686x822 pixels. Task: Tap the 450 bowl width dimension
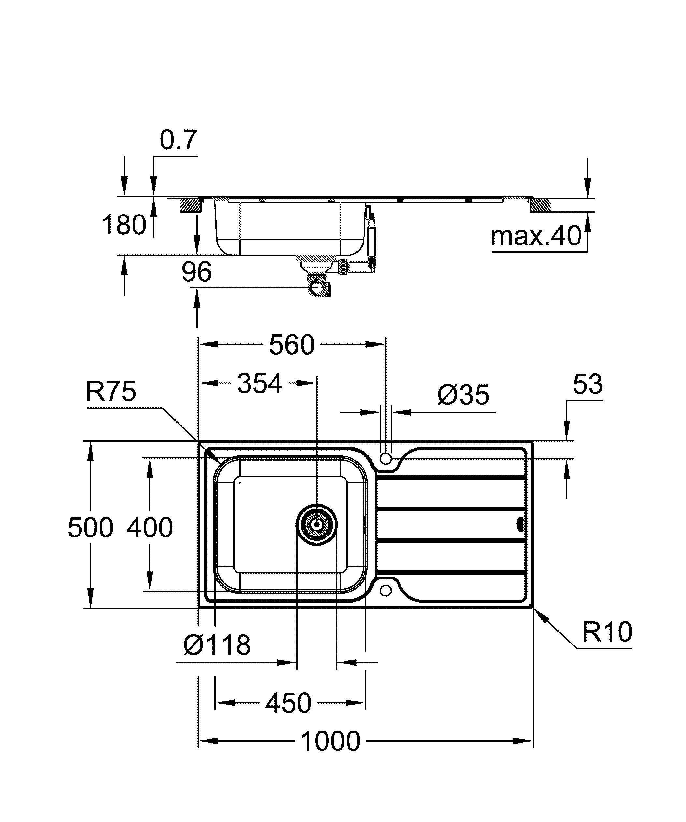point(289,704)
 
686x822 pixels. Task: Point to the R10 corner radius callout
point(607,631)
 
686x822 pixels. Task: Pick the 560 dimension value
point(292,345)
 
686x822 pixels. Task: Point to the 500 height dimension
point(91,527)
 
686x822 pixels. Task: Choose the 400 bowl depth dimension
point(150,527)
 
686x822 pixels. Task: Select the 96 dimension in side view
point(196,272)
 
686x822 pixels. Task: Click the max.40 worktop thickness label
point(536,236)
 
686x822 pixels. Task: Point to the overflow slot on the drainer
point(521,524)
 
